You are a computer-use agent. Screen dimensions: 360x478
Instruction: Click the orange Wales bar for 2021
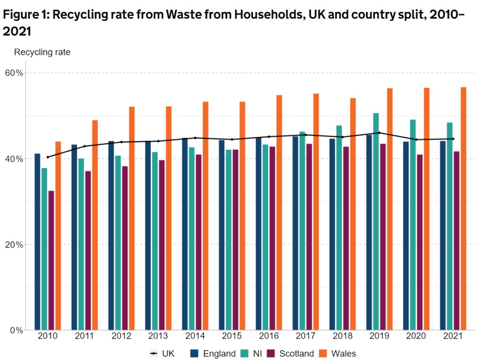(463, 208)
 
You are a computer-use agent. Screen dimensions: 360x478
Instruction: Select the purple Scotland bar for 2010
(51, 260)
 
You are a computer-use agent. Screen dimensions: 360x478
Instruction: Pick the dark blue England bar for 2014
(185, 234)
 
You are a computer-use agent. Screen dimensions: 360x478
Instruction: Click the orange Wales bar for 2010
(58, 236)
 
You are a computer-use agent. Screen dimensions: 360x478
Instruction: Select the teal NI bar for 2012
(117, 243)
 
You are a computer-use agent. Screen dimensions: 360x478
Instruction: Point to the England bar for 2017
(295, 233)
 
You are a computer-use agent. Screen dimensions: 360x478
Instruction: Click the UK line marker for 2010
(48, 157)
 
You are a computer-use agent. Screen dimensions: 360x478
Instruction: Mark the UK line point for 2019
(379, 133)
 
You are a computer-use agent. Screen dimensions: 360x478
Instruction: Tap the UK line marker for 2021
(453, 139)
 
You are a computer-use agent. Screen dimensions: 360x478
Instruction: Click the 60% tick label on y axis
(13, 73)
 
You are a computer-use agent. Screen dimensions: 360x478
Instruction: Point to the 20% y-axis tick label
(13, 244)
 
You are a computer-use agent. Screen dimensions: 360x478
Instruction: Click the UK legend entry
(162, 354)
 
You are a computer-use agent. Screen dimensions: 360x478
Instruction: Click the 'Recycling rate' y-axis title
(42, 52)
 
